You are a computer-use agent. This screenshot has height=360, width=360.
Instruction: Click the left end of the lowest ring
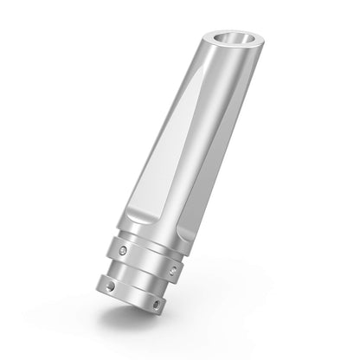[97, 275]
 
